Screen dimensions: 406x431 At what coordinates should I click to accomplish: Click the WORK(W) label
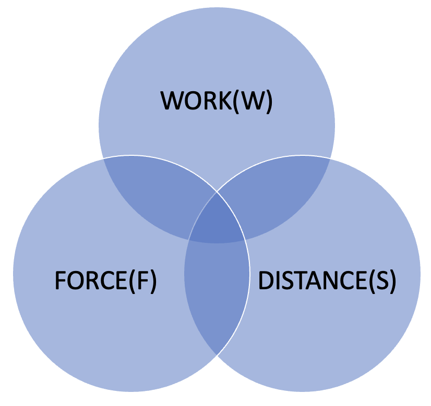point(217,101)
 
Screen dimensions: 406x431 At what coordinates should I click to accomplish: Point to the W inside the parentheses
point(252,101)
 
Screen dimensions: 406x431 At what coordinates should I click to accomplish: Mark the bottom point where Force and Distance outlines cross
point(217,356)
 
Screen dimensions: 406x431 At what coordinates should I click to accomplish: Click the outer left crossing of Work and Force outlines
point(103,158)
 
